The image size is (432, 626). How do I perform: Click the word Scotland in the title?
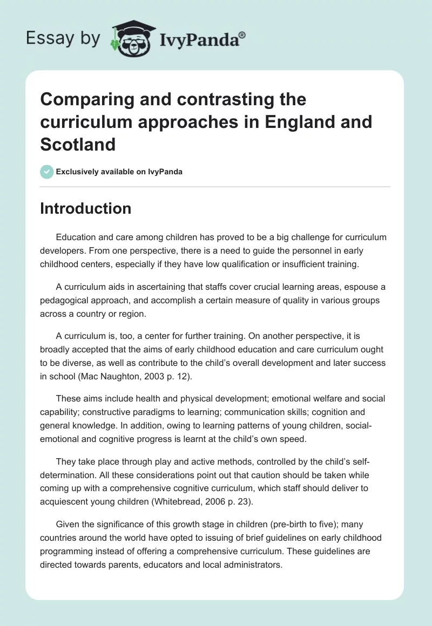point(78,144)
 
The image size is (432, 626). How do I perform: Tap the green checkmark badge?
point(46,172)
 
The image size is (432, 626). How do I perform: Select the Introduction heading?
point(86,208)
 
